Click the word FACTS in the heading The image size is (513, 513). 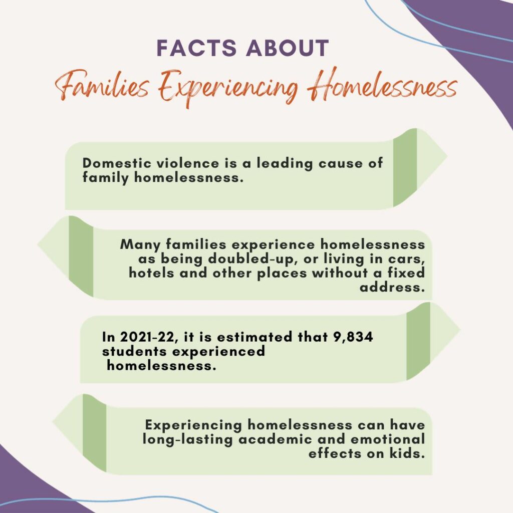[x=196, y=48]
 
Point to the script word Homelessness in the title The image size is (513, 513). [x=382, y=84]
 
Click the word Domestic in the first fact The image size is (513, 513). [x=116, y=163]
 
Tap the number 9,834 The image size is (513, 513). [x=353, y=337]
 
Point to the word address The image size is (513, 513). [x=392, y=287]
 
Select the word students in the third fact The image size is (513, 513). [x=134, y=351]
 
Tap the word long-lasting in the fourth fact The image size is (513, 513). [x=187, y=439]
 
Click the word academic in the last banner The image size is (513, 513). [x=275, y=439]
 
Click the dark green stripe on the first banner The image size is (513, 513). [x=405, y=167]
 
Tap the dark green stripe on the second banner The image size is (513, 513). [x=81, y=256]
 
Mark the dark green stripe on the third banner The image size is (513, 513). [x=418, y=341]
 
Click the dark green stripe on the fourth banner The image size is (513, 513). [x=95, y=433]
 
